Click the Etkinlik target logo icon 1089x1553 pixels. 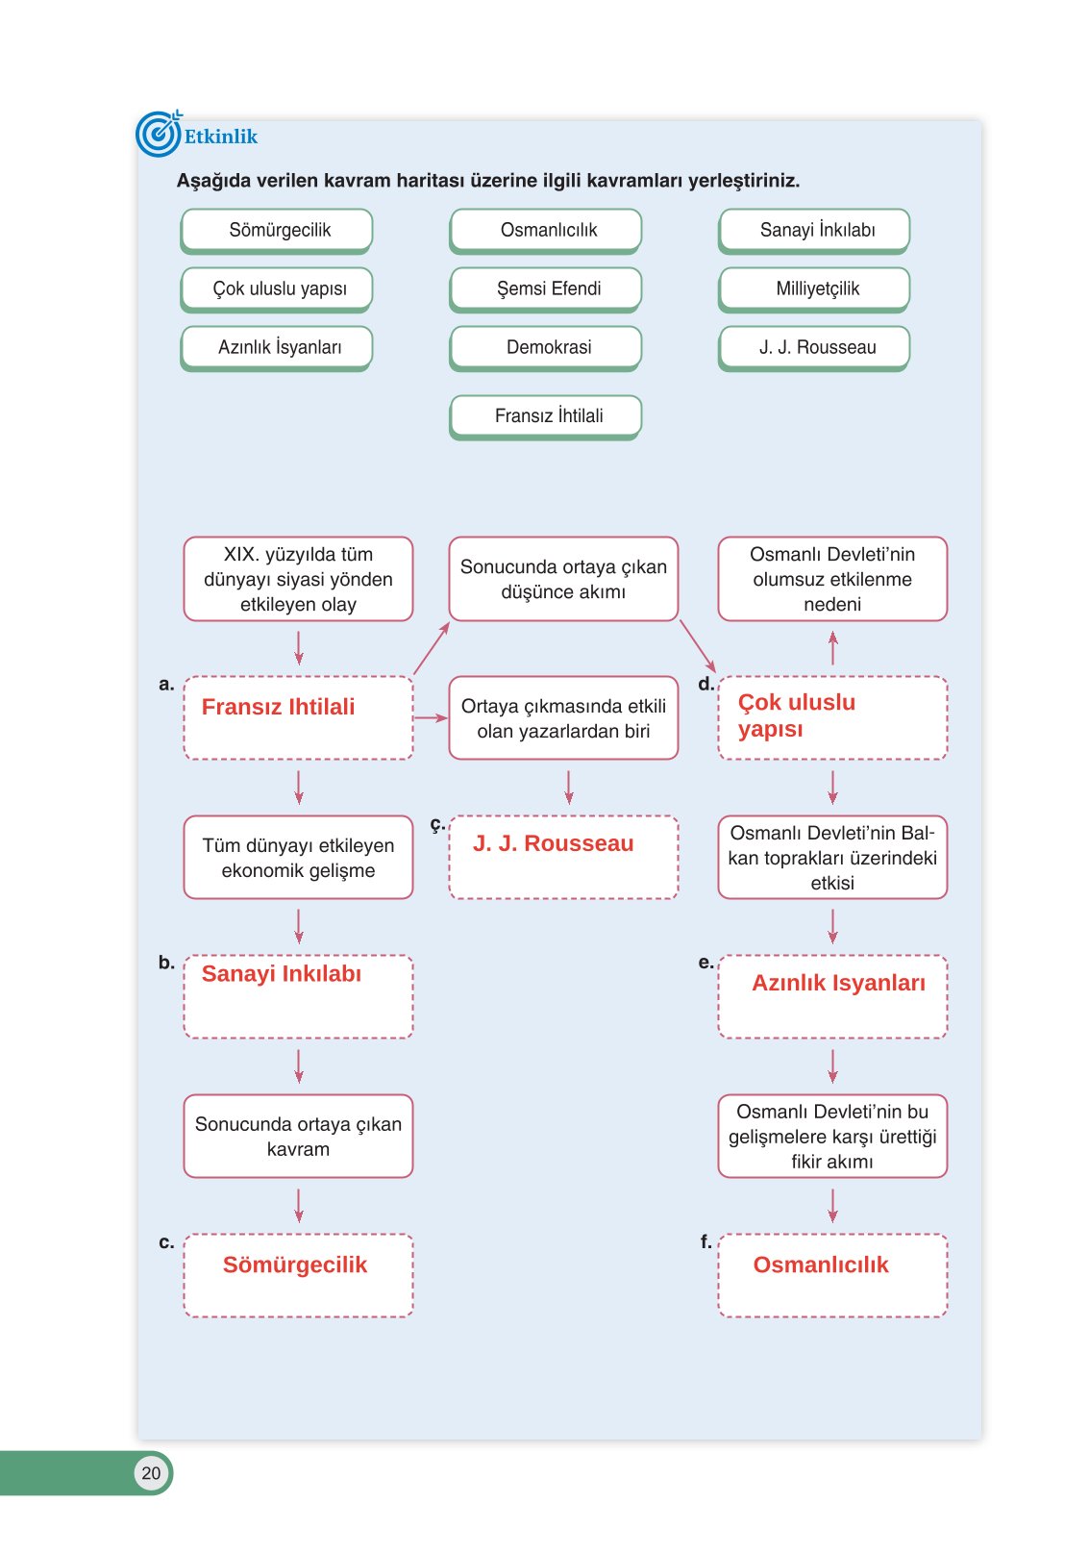[158, 134]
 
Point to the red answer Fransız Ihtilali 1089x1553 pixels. [278, 707]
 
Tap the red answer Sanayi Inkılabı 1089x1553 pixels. [281, 974]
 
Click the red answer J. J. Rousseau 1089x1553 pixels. [553, 843]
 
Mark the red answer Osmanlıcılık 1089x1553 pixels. [820, 1265]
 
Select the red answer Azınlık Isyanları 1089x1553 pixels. [838, 983]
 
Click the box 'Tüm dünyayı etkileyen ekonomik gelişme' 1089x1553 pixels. [298, 858]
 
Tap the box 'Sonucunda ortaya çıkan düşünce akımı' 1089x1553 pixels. [563, 579]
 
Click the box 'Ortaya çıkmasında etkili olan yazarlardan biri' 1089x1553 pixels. [563, 718]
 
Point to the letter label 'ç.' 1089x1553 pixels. [437, 824]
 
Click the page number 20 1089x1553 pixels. [151, 1473]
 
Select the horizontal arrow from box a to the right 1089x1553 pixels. [431, 717]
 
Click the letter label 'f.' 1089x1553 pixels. [706, 1242]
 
